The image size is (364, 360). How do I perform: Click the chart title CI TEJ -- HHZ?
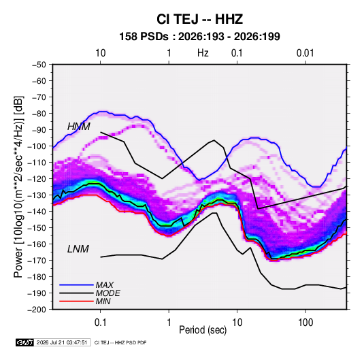199,19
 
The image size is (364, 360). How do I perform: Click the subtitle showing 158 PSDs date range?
199,37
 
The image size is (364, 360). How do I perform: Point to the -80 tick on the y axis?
39,114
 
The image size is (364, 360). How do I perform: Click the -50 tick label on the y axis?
39,65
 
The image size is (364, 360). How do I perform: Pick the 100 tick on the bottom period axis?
305,323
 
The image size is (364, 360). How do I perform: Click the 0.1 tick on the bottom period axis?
100,323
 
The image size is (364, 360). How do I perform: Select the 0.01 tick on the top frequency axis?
305,53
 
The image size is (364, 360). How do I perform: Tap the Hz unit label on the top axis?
203,53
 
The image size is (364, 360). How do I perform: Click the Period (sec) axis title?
203,330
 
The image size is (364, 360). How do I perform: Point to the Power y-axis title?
18,186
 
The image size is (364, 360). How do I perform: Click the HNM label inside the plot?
79,127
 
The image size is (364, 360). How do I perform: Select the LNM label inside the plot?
78,249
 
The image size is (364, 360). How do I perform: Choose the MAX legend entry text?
105,285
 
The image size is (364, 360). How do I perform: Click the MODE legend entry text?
108,293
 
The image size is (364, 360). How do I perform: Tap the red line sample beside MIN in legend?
76,301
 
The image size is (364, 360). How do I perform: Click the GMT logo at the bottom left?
25,342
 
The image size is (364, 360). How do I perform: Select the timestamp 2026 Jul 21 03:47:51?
62,342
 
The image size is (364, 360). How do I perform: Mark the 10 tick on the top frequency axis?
100,53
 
